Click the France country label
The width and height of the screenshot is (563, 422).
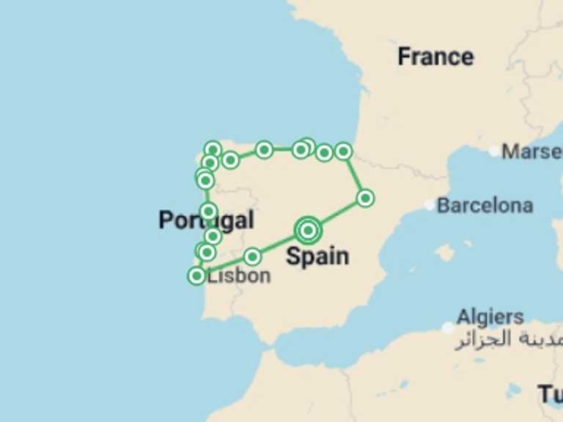(435, 56)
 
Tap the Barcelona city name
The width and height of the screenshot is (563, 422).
(485, 205)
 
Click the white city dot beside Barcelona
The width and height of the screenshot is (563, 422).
(430, 205)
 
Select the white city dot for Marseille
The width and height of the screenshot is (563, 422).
(495, 152)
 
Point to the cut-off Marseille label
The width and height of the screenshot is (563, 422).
(532, 152)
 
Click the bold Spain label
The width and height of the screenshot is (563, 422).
(317, 256)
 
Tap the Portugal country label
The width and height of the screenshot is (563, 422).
(206, 220)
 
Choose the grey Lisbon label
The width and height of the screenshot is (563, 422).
(239, 275)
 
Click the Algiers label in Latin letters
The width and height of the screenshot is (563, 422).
(490, 317)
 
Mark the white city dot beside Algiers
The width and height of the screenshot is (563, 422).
(449, 327)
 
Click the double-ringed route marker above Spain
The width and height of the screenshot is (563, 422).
(309, 230)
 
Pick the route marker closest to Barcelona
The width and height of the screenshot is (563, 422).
(365, 198)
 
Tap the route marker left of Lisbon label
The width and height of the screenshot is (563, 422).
(196, 275)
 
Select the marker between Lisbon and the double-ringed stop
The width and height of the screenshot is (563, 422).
(252, 256)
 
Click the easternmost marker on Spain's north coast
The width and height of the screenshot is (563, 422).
(343, 152)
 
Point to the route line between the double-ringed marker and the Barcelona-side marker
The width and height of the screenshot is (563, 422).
(337, 214)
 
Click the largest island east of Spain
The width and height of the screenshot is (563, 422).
(444, 253)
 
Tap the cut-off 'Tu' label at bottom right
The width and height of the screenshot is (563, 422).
(551, 393)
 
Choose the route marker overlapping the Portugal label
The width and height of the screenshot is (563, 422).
(208, 212)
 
